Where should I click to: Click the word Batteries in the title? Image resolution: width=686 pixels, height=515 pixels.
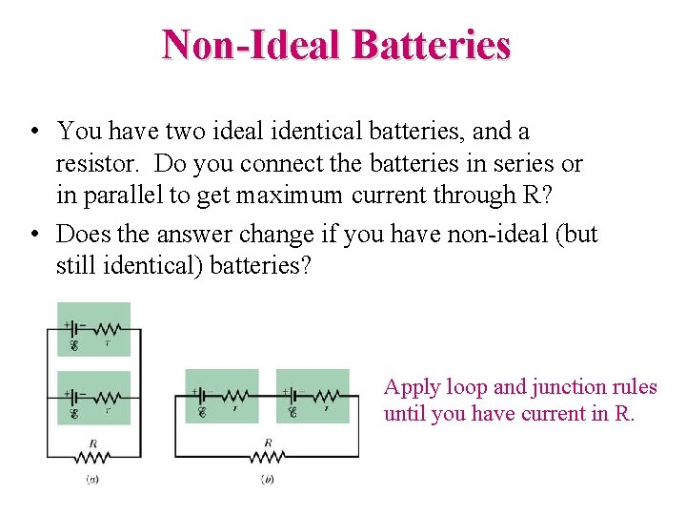point(431,44)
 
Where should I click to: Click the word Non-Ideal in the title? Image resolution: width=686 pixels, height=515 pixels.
point(252,44)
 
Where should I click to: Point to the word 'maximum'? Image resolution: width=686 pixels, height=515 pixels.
point(287,196)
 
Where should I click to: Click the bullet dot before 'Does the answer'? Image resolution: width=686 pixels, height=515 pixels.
point(34,235)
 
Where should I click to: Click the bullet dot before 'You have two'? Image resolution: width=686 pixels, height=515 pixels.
point(34,132)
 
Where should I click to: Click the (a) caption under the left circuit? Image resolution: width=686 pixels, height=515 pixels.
point(92,479)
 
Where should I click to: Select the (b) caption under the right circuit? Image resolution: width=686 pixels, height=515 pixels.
point(268,479)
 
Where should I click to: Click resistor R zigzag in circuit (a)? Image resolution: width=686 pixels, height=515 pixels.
point(93,456)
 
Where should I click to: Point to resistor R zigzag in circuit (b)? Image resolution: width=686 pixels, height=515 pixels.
point(268,456)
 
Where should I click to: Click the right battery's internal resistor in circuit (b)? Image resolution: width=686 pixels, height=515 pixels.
point(326,395)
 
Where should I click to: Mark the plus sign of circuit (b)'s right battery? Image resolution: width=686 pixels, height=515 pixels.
point(285,390)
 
